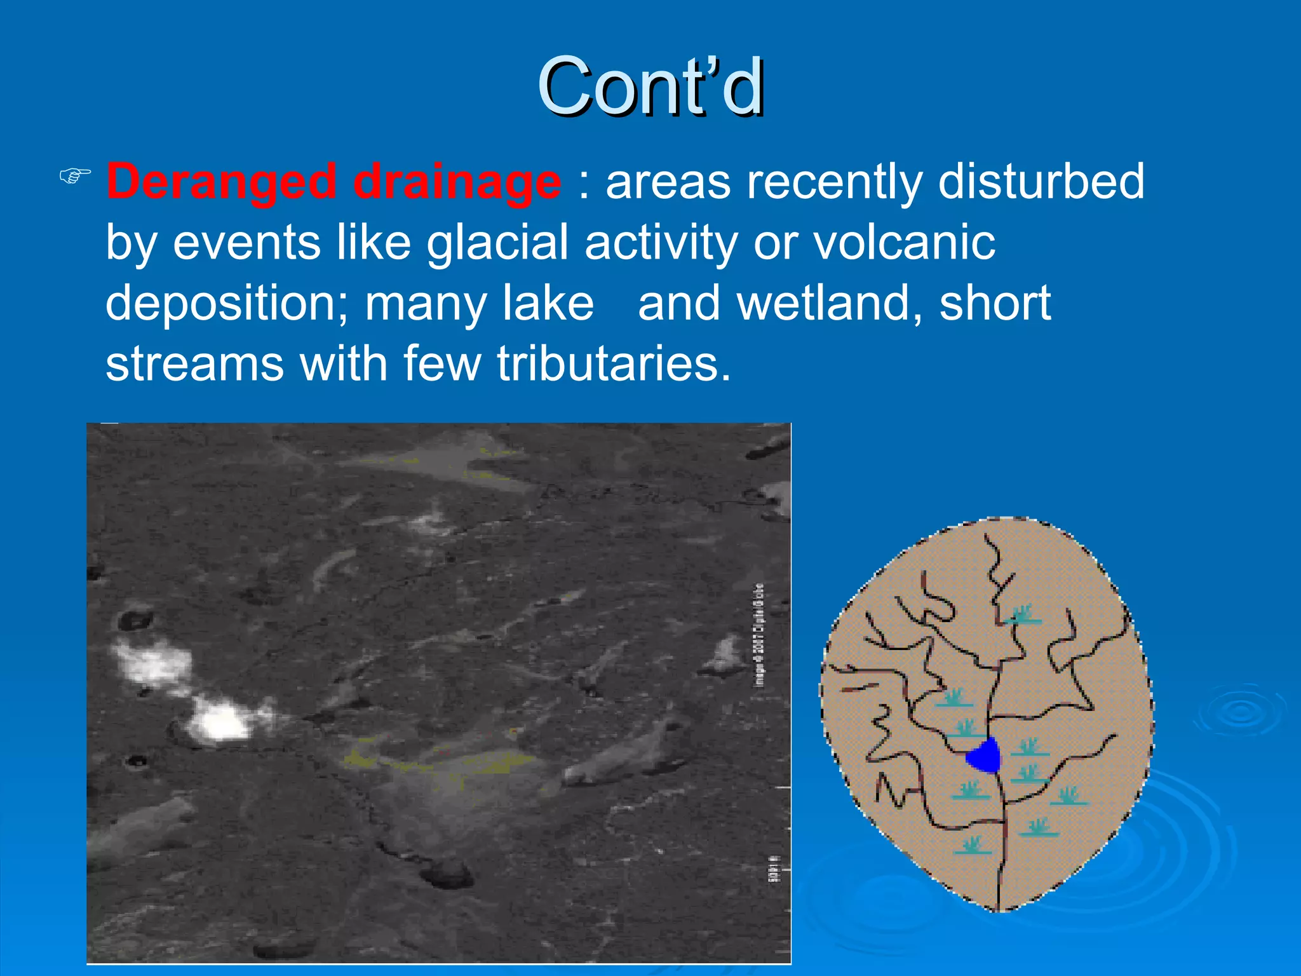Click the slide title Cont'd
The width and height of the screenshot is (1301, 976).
pyautogui.click(x=650, y=87)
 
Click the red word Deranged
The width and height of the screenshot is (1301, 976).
pyautogui.click(x=220, y=182)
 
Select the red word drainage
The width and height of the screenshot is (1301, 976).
pyautogui.click(x=457, y=182)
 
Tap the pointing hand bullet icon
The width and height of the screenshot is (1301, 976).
pyautogui.click(x=75, y=176)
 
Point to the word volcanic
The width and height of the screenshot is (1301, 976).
pyautogui.click(x=904, y=243)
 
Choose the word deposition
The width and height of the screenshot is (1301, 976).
pyautogui.click(x=226, y=304)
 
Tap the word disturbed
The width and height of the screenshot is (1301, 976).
pyautogui.click(x=1041, y=182)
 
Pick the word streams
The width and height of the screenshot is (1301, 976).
pyautogui.click(x=194, y=363)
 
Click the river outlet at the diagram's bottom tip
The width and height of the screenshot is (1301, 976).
pyautogui.click(x=999, y=902)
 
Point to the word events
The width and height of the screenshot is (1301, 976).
pyautogui.click(x=246, y=243)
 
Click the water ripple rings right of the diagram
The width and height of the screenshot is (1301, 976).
pyautogui.click(x=1241, y=712)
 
